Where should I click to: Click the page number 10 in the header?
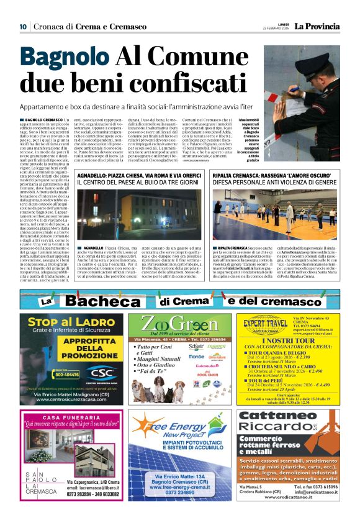[22, 26]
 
